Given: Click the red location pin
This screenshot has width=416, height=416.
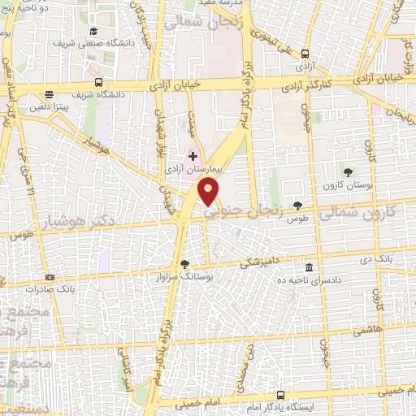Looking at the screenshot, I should (209, 192).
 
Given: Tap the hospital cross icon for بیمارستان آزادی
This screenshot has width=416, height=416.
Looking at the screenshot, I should (193, 155).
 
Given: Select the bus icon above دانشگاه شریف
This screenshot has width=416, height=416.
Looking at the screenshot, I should (98, 82).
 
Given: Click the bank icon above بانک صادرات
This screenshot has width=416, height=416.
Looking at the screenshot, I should (50, 276).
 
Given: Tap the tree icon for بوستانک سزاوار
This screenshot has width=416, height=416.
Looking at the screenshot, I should (184, 262).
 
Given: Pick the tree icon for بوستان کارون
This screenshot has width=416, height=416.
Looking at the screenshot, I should (348, 171).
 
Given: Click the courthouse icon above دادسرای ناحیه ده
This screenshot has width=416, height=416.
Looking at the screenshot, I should (308, 267).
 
